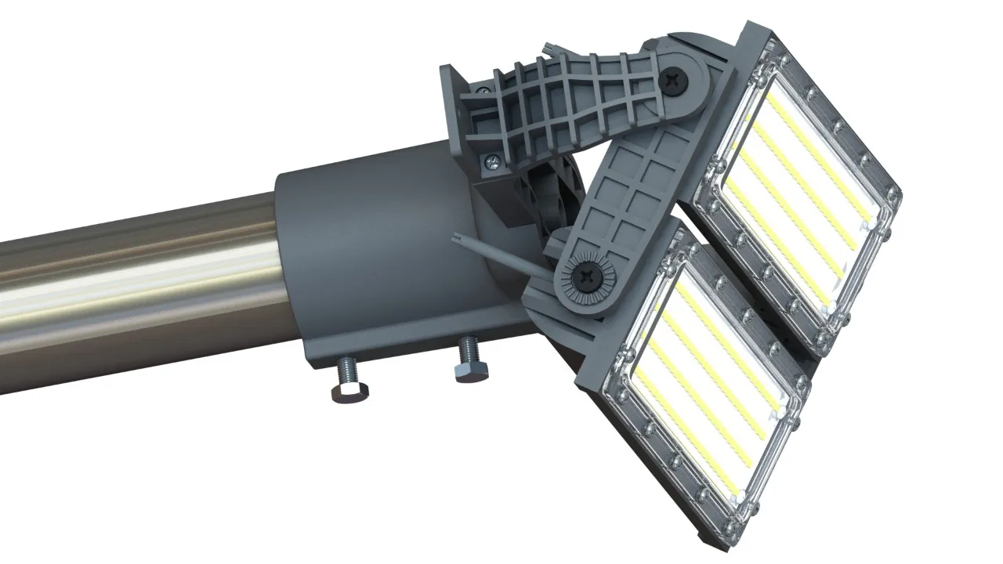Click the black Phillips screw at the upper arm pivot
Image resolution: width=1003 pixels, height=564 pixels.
coord(674,79)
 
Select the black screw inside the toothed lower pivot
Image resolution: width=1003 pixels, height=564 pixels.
coord(586,276)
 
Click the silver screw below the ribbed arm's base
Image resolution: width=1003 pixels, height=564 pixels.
coord(491,163)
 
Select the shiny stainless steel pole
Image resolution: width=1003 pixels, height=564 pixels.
coord(133,282)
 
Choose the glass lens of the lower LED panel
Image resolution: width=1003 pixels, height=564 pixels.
coord(705,368)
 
